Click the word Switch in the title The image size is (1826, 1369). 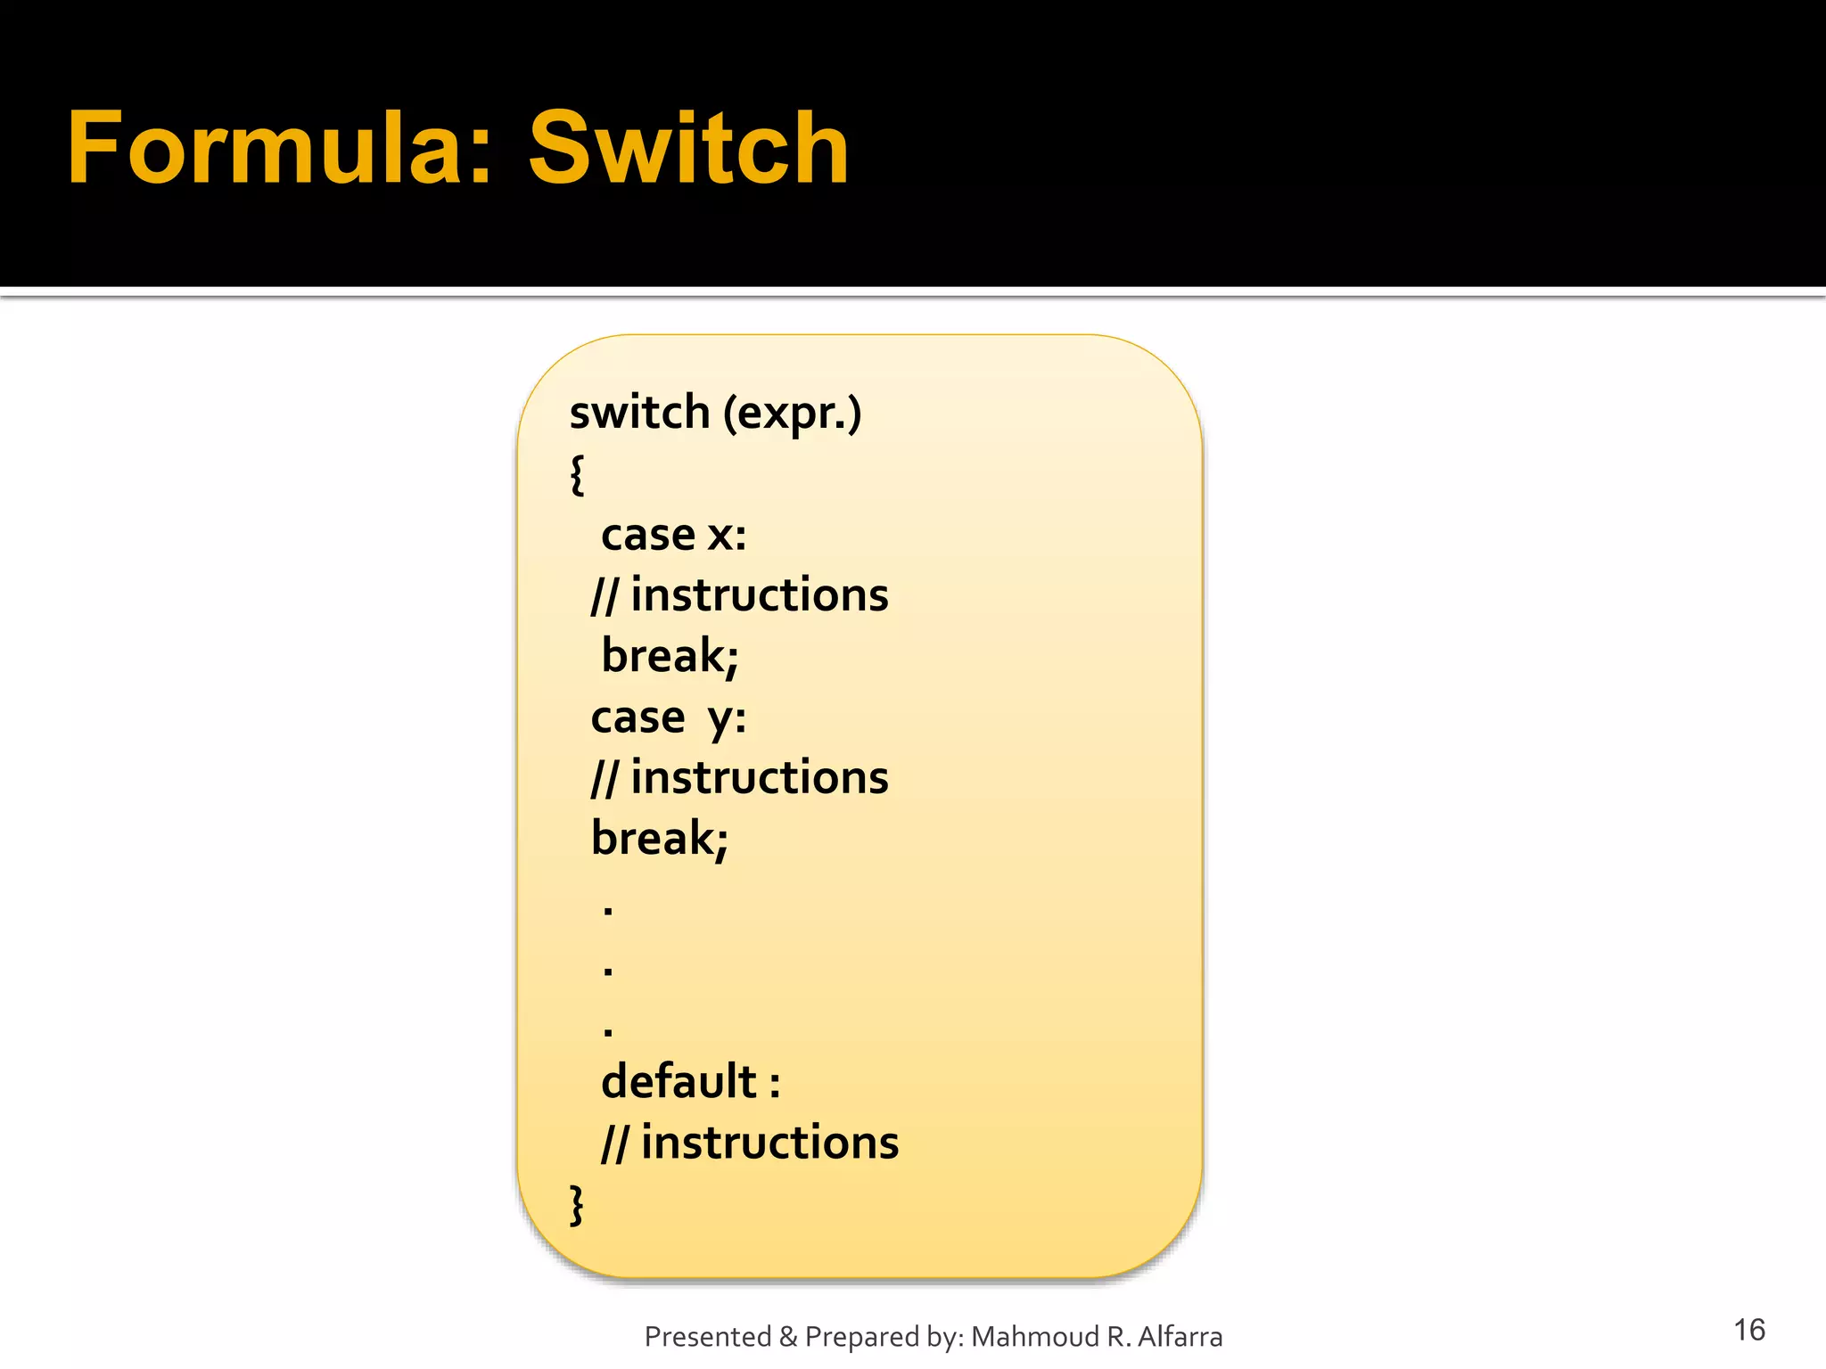[x=687, y=148]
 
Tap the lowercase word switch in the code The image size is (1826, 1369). [x=639, y=413]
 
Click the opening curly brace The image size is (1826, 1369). [x=577, y=474]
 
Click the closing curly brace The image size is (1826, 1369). [x=577, y=1205]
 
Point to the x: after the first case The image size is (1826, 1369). [x=727, y=535]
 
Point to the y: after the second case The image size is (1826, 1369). [x=727, y=718]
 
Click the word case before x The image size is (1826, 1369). [x=648, y=535]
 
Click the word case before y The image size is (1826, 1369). [x=637, y=717]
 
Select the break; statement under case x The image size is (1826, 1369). [x=670, y=656]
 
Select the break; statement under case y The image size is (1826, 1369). [x=659, y=839]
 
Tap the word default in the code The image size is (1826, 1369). [x=679, y=1081]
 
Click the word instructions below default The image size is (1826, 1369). [x=769, y=1143]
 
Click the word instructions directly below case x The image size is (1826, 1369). [x=759, y=595]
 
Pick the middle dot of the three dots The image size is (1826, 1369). [x=608, y=970]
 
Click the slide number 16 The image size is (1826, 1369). [x=1748, y=1330]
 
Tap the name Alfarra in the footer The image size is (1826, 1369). [x=1180, y=1337]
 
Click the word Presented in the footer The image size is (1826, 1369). [x=708, y=1337]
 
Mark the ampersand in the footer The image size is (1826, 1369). [x=788, y=1337]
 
